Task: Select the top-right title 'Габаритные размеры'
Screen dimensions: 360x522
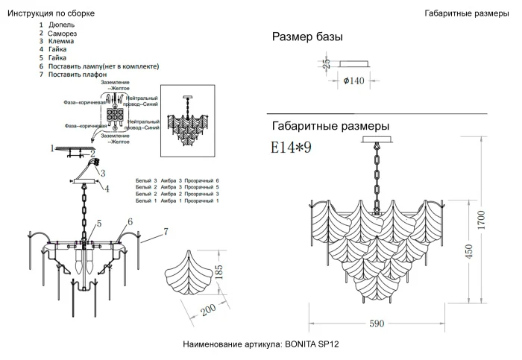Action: [466, 13]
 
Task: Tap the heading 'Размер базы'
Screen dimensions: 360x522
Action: [307, 37]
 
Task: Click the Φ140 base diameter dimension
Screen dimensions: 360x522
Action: [353, 81]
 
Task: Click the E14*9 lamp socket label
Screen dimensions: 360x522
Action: [290, 148]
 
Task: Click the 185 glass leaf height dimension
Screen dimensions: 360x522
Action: [218, 273]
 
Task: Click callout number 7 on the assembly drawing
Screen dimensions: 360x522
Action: [166, 232]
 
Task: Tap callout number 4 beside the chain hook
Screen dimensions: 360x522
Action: [106, 189]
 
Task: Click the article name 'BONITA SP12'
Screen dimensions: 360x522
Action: [312, 344]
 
